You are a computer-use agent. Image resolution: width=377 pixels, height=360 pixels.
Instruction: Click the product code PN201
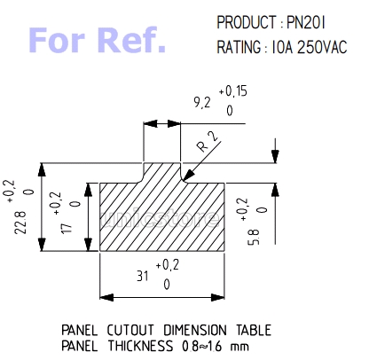306,22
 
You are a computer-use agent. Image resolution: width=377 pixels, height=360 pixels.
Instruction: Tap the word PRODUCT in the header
246,22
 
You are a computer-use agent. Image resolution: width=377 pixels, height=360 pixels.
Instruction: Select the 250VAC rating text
322,47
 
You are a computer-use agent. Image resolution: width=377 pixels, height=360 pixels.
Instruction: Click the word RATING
239,47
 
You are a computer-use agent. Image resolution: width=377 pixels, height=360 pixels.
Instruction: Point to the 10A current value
282,47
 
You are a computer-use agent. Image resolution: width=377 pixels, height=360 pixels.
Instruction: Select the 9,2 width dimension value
202,103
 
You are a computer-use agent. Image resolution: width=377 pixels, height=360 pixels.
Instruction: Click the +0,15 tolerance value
232,91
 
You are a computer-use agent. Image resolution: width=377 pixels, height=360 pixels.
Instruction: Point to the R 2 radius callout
208,141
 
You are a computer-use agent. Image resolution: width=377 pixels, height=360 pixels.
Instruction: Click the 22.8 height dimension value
20,223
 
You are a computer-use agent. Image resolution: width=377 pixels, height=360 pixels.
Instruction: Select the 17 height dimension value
67,228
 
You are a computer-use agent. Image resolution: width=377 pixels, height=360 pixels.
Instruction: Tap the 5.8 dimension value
254,237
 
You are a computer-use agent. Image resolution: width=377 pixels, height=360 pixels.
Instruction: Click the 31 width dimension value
143,276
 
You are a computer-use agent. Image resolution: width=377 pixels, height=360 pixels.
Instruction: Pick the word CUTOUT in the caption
130,330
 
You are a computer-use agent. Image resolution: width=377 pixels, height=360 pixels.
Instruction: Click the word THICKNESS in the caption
140,346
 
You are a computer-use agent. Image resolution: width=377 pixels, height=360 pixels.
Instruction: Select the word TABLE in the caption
254,330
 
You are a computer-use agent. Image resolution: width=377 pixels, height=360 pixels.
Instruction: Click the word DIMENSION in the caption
195,330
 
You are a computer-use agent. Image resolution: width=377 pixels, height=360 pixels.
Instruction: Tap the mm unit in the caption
240,347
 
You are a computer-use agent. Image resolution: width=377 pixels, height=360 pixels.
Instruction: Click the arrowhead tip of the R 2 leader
183,181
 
